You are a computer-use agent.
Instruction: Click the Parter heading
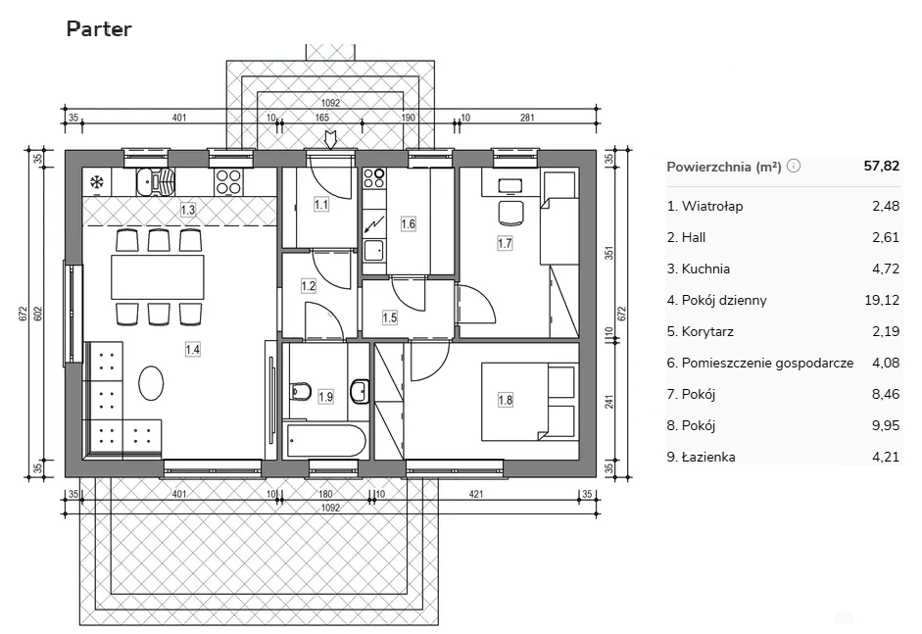[99, 28]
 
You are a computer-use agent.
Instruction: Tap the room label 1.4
[192, 350]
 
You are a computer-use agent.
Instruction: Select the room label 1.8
[506, 401]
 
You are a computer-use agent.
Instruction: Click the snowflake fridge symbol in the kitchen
[96, 182]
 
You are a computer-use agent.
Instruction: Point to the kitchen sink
[155, 181]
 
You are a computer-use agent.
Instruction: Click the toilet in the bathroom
[301, 392]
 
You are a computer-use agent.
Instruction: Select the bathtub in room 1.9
[325, 441]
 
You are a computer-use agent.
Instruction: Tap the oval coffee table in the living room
[151, 383]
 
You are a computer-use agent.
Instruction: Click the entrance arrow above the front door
[330, 140]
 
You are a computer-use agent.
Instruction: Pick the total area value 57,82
[882, 166]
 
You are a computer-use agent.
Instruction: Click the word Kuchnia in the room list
[705, 268]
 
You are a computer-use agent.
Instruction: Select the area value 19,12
[882, 300]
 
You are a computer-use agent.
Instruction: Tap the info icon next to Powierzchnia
[794, 166]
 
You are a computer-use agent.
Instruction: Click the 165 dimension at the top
[322, 118]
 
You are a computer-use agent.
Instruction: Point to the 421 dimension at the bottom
[476, 494]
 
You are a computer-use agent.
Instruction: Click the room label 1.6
[408, 224]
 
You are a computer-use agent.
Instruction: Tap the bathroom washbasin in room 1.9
[359, 392]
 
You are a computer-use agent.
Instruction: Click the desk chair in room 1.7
[510, 213]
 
